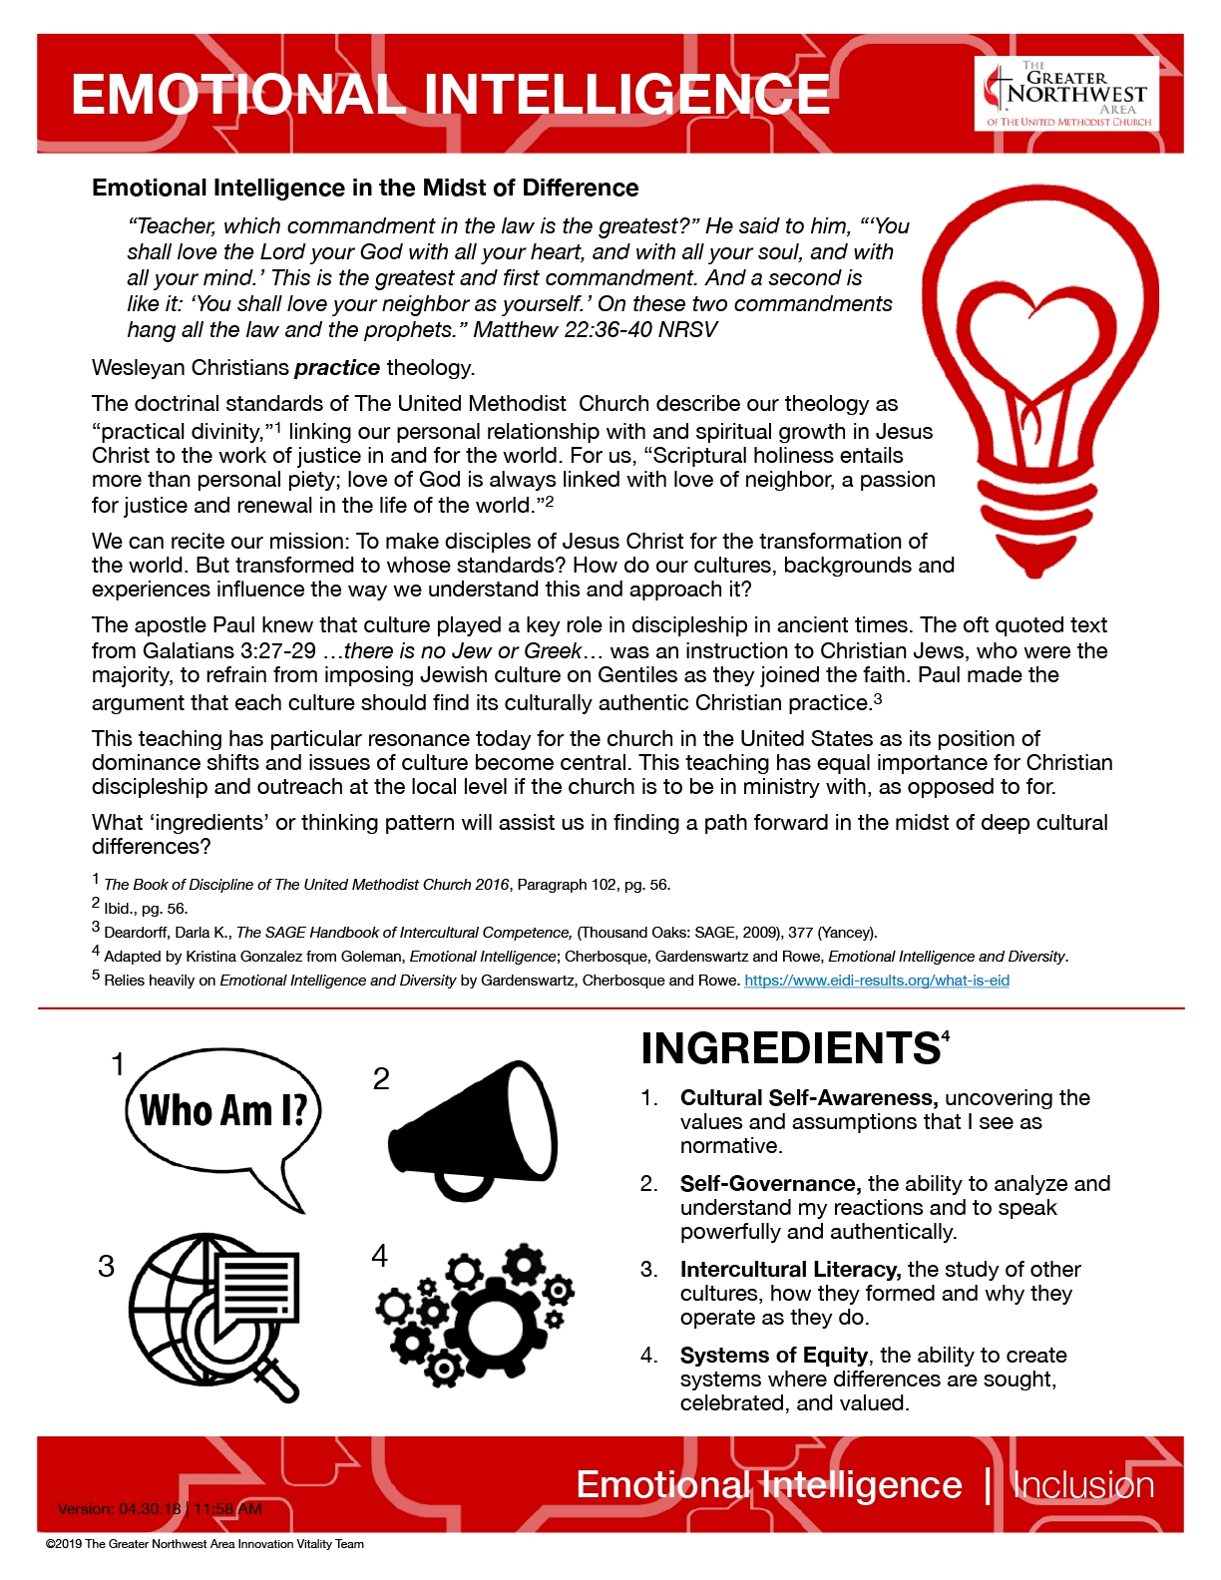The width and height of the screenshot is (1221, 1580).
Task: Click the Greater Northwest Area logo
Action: (x=1066, y=94)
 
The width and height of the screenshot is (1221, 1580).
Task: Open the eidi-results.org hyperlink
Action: (x=877, y=981)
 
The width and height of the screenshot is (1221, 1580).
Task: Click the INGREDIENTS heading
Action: (x=790, y=1049)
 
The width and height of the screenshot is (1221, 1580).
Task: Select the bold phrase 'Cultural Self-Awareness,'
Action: (x=808, y=1098)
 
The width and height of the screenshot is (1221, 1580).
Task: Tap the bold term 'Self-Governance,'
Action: (x=770, y=1184)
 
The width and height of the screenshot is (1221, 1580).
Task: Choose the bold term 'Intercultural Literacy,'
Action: (x=790, y=1270)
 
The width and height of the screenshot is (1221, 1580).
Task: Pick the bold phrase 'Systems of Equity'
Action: (x=773, y=1356)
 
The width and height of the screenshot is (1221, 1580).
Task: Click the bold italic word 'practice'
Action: (x=337, y=368)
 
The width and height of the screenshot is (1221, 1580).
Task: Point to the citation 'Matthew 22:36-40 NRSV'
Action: (x=596, y=330)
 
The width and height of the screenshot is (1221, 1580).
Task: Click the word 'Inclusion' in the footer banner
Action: (x=1083, y=1485)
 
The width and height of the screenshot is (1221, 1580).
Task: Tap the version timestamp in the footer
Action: (x=160, y=1509)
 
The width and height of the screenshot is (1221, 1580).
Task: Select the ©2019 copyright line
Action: (x=204, y=1544)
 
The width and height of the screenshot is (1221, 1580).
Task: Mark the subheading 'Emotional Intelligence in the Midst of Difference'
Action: (x=365, y=189)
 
